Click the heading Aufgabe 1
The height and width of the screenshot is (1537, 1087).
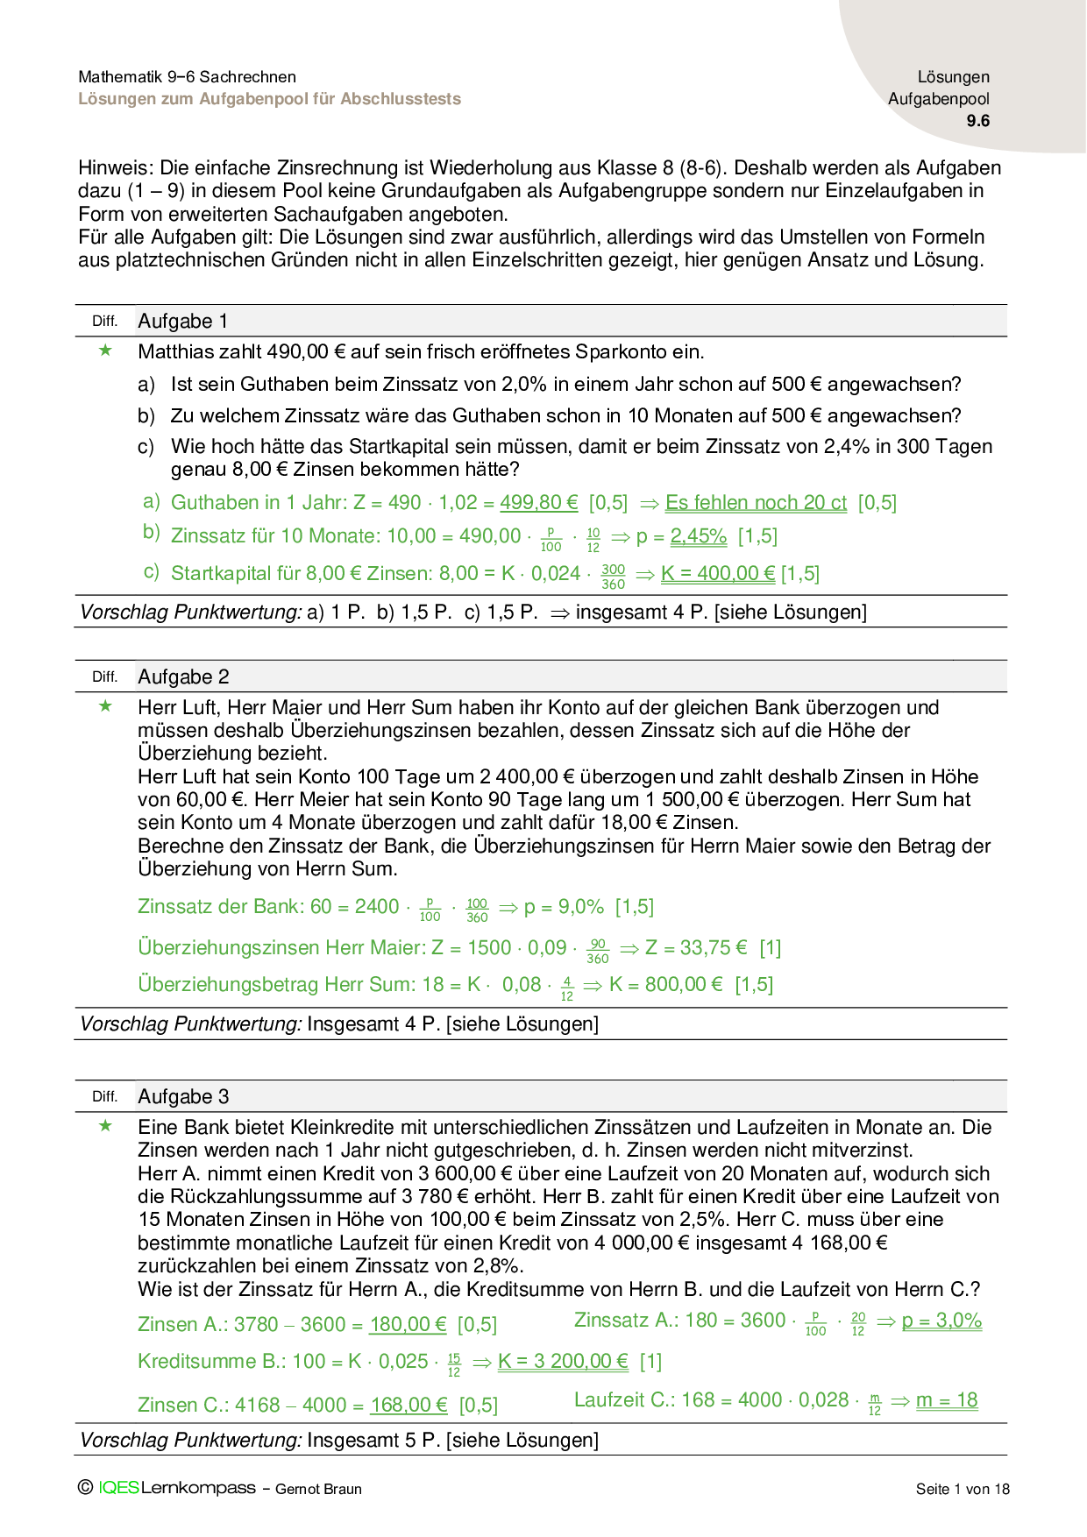(x=182, y=322)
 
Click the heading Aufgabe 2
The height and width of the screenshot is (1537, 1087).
(x=183, y=677)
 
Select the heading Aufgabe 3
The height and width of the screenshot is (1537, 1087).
(x=183, y=1097)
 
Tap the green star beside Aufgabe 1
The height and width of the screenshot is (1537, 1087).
(x=106, y=351)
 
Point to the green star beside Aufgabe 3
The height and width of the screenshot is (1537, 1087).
(x=106, y=1126)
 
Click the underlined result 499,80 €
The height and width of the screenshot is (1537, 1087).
(x=539, y=503)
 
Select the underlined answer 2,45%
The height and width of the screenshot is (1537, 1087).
(x=699, y=536)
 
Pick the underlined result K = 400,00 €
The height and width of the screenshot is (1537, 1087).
(x=718, y=574)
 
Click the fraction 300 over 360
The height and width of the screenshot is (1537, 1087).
(x=614, y=577)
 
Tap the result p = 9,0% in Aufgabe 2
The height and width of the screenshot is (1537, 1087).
(x=564, y=907)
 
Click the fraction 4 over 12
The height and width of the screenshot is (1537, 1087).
(x=567, y=989)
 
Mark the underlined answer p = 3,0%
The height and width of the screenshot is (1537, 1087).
(x=941, y=1321)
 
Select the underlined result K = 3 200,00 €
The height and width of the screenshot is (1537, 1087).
(x=563, y=1362)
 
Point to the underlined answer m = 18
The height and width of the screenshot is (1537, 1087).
(x=947, y=1400)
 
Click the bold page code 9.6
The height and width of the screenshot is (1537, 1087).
(x=977, y=122)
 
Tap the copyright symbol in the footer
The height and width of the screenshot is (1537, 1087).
(x=85, y=1487)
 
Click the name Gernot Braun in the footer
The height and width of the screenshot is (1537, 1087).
(x=318, y=1489)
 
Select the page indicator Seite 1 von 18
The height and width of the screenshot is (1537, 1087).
(x=963, y=1489)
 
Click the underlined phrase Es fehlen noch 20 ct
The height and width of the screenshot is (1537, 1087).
(x=756, y=503)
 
